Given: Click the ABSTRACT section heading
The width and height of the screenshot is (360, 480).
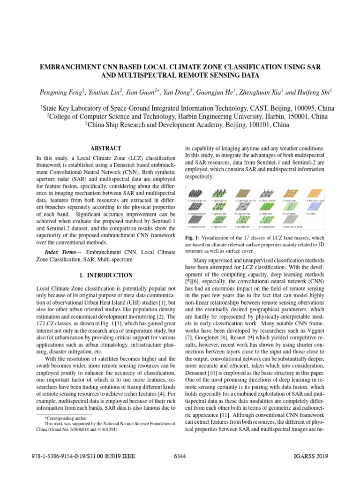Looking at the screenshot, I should [x=108, y=148].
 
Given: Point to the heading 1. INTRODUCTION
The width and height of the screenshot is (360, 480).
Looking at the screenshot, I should [x=108, y=275].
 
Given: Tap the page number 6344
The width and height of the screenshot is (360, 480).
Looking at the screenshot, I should [x=180, y=456].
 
